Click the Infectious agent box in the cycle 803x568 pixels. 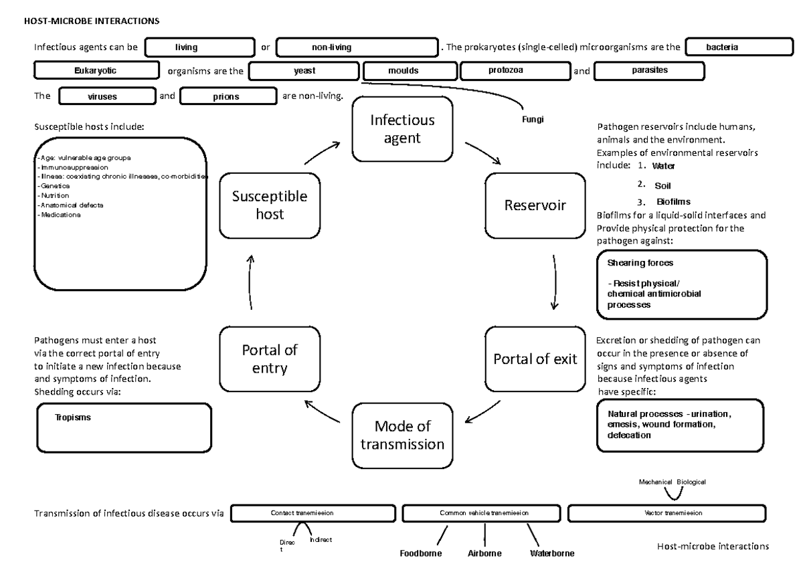[x=403, y=129]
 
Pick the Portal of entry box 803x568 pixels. [x=270, y=359]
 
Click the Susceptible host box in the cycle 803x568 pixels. [x=270, y=205]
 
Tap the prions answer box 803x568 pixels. [x=228, y=96]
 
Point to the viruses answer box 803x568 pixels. [x=106, y=96]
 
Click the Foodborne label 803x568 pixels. [x=420, y=553]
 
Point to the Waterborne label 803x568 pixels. [x=551, y=553]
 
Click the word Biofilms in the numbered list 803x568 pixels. [x=674, y=201]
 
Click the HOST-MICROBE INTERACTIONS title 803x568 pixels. [x=92, y=21]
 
